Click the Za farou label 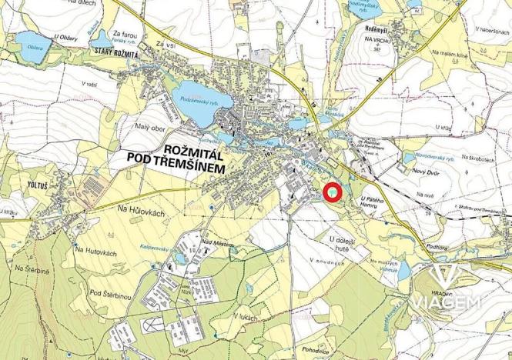click(x=125, y=34)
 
